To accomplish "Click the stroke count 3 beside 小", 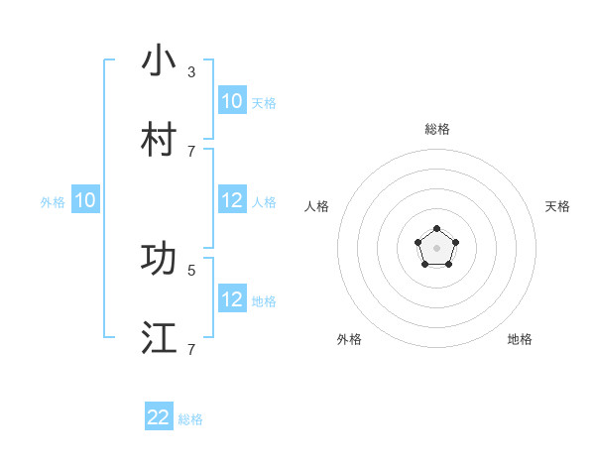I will tap(191, 72).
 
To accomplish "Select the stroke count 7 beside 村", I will tap(191, 152).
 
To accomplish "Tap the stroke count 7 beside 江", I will tap(191, 350).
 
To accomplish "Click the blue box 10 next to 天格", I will tap(232, 101).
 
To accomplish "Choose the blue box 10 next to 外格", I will tap(85, 201).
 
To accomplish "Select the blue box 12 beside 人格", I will tap(232, 201).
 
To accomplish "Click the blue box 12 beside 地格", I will tap(232, 300).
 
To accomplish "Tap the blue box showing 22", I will tap(159, 417).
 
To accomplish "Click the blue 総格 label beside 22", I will tap(190, 419).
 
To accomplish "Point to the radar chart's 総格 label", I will tap(436, 130).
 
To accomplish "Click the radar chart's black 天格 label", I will tap(557, 206).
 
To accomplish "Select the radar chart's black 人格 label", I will tap(316, 206).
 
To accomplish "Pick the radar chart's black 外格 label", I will tap(349, 339).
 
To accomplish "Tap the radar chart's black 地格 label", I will tap(520, 339).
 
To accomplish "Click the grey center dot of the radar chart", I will tap(436, 247).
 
